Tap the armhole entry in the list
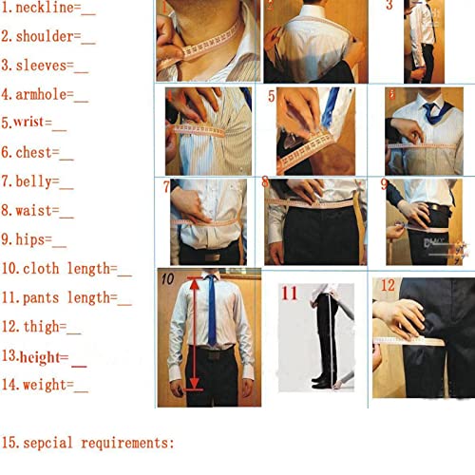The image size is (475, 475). (x=39, y=95)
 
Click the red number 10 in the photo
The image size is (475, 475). (x=167, y=280)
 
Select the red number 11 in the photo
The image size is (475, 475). (x=289, y=292)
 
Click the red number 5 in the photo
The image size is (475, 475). (x=272, y=97)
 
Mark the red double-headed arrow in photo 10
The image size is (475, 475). (x=194, y=332)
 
